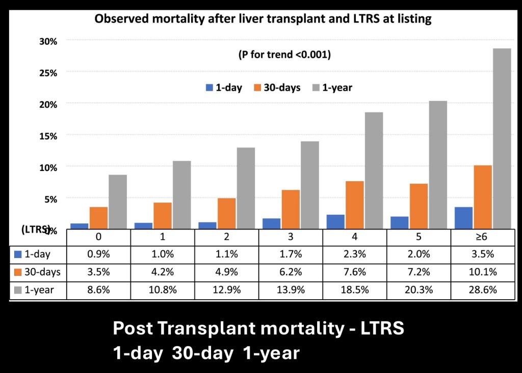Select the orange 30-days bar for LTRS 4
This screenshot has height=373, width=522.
point(355,205)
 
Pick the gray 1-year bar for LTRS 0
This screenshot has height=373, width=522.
point(118,202)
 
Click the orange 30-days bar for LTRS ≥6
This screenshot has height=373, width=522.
point(483,197)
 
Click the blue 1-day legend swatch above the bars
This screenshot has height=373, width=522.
point(209,88)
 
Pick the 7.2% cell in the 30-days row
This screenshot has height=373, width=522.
point(419,272)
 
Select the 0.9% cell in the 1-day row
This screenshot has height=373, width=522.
point(98,254)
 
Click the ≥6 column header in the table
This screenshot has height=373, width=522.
point(483,237)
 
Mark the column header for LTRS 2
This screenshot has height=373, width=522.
point(227,237)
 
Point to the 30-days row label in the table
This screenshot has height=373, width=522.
point(43,272)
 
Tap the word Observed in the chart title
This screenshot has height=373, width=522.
point(117,19)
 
